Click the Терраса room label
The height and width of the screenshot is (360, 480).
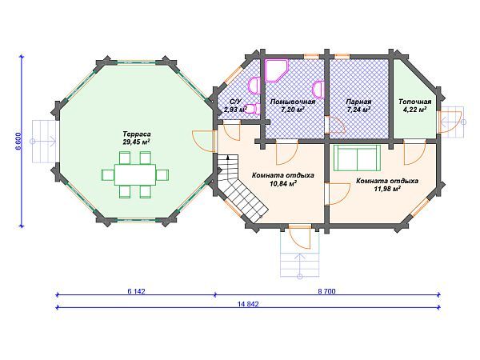(137, 134)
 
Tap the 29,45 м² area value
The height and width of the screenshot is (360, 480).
(136, 142)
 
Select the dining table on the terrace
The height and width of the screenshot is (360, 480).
(135, 174)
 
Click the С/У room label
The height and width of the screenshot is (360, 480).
(235, 102)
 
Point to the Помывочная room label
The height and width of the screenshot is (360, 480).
(293, 102)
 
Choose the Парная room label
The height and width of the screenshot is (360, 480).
(358, 102)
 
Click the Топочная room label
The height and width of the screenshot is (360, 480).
(414, 102)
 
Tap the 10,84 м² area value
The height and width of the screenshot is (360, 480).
(282, 183)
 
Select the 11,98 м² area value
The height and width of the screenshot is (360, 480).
(387, 189)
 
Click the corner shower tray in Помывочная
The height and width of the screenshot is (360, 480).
(276, 70)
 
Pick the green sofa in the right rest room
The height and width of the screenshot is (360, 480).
(357, 158)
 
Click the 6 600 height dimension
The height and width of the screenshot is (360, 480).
(18, 142)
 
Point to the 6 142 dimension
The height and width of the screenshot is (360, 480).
(136, 291)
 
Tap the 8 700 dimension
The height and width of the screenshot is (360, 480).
(327, 291)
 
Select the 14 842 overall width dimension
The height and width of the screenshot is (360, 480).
(248, 304)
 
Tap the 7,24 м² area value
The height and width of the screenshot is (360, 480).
(358, 110)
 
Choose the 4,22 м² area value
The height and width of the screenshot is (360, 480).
(414, 110)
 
